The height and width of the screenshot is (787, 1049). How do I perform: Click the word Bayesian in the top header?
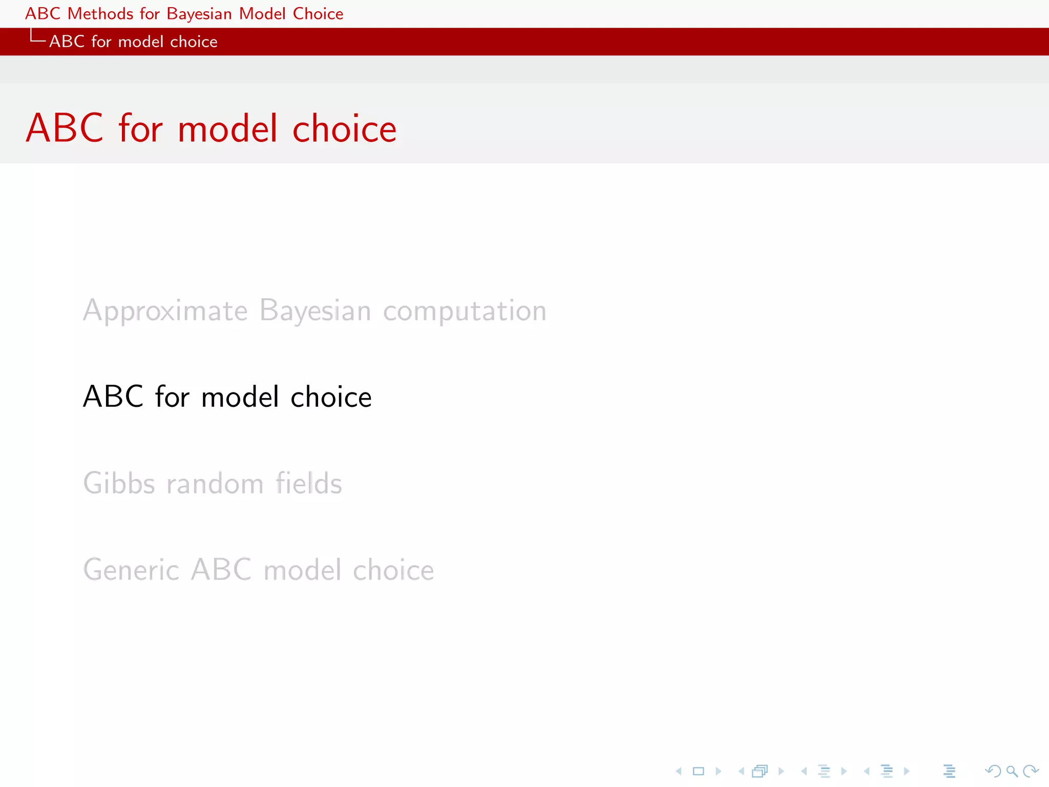coord(199,14)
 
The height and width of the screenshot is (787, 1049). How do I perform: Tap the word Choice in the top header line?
coord(318,14)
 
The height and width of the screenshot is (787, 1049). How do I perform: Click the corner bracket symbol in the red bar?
coord(37,37)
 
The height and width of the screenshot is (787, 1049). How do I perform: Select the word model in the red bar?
coord(140,42)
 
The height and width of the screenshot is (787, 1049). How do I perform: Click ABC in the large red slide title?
coord(65,128)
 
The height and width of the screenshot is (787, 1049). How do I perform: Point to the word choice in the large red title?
coord(344,129)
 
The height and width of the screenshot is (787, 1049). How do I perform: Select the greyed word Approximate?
coord(165,311)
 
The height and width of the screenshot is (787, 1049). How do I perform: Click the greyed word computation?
coord(465,311)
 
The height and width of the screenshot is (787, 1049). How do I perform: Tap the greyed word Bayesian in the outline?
coord(315,311)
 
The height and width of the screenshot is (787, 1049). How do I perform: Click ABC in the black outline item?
coord(113,397)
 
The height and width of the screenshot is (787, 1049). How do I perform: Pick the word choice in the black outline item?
coord(331,397)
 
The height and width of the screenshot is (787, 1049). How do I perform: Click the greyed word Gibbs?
coord(119,483)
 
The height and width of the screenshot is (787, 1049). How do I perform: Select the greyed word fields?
coord(308,483)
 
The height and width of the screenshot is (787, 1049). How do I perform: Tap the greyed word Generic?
coord(131,570)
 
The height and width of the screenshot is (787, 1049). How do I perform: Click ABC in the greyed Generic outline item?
coord(221,570)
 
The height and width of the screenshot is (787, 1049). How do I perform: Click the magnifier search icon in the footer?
coord(1012,771)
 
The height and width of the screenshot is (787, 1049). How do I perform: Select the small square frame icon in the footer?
coord(698,771)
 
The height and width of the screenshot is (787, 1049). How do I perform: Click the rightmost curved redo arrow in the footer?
coord(1031,771)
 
